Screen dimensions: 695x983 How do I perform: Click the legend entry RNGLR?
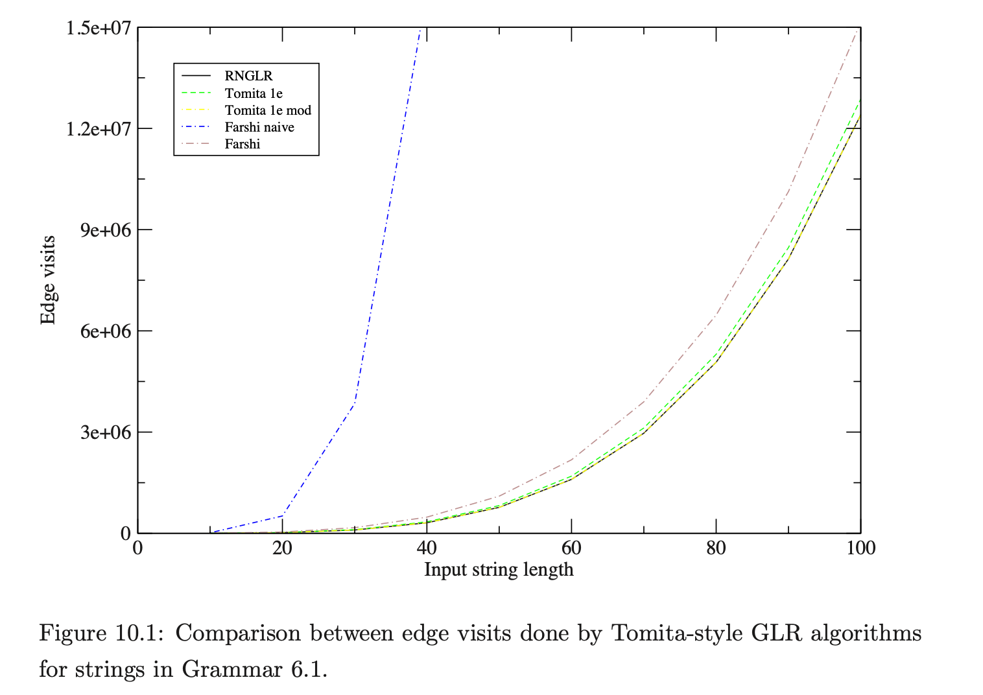click(248, 76)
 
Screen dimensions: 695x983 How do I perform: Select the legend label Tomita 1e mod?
click(268, 110)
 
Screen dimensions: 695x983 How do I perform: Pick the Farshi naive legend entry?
click(259, 127)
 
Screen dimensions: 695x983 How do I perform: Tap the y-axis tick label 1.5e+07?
click(99, 29)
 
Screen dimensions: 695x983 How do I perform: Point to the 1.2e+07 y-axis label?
click(99, 129)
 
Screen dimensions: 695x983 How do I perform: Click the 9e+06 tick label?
click(106, 230)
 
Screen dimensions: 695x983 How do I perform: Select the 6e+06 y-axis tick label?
click(106, 331)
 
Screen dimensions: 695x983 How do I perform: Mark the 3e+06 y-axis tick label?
click(106, 432)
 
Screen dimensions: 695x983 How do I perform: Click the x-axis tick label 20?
click(282, 548)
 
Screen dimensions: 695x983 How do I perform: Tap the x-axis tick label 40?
click(427, 548)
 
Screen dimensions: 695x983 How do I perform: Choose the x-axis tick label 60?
click(571, 548)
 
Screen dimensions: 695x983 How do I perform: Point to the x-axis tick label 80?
click(716, 548)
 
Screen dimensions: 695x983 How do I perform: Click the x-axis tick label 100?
click(860, 548)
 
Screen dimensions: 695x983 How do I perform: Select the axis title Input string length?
click(499, 570)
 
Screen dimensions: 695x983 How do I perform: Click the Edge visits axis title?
click(48, 280)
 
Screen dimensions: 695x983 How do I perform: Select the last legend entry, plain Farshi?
click(243, 144)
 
